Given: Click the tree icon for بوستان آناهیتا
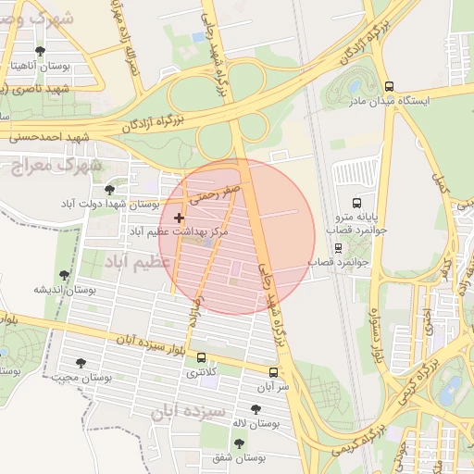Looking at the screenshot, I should click(x=38, y=52).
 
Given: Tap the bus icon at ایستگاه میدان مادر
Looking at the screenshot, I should click(x=390, y=83).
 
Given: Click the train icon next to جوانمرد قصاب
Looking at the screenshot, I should click(x=338, y=248).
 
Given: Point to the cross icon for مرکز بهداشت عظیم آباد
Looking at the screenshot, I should click(x=179, y=218).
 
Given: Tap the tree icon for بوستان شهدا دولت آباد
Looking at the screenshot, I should click(x=110, y=189).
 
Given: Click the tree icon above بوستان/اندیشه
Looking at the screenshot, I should click(x=64, y=275).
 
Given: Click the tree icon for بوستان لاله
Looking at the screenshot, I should click(x=256, y=408).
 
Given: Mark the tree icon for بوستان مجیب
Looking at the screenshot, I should click(x=81, y=363).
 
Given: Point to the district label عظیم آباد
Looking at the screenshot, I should click(x=139, y=261).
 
